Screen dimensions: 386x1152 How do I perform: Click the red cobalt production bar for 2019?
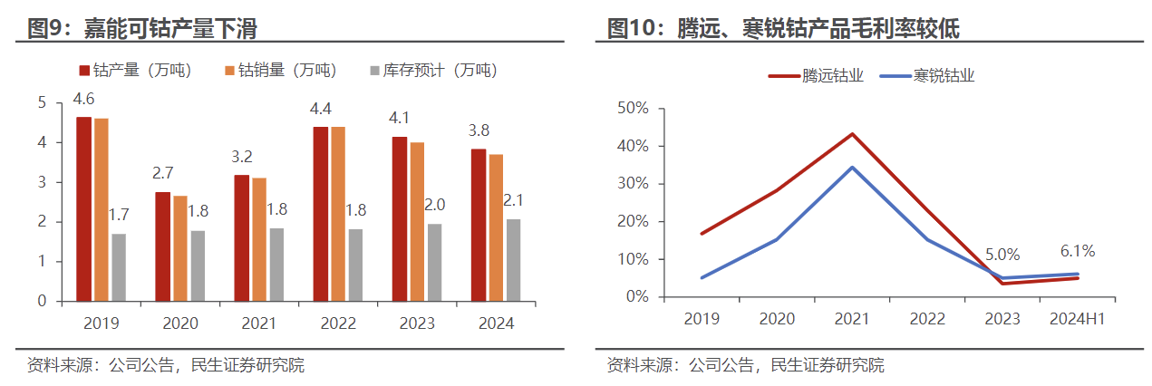point(83,208)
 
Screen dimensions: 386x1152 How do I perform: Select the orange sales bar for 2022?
point(337,214)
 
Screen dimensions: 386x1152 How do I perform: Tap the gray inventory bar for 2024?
point(513,260)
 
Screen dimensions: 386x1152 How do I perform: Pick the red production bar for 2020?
point(162,246)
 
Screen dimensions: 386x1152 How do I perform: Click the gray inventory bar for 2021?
point(276,265)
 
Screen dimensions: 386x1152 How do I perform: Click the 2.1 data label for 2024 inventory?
point(514,201)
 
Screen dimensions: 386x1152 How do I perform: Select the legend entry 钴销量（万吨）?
point(279,71)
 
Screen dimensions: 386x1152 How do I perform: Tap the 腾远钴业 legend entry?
point(816,76)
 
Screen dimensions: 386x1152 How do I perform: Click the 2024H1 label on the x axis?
point(1077,319)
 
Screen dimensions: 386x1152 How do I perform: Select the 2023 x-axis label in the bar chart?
point(416,323)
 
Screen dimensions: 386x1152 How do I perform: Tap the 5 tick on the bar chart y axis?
point(41,103)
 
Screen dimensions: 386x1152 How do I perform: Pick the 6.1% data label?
point(1076,251)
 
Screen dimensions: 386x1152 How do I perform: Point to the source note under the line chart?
point(745,366)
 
